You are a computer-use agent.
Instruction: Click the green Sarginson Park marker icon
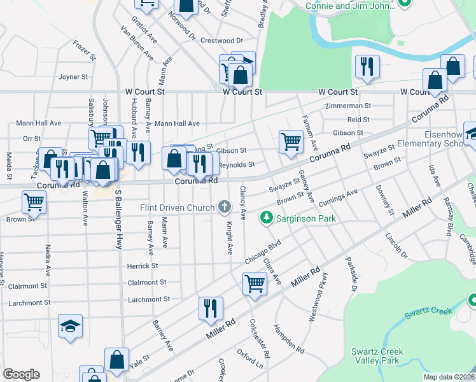pos(266,219)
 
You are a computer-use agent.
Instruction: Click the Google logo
pos(22,374)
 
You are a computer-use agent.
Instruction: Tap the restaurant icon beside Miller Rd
pos(210,309)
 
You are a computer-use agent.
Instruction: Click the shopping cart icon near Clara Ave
pos(255,283)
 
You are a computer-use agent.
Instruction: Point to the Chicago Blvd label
pos(263,253)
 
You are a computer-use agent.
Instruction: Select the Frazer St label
pos(84,50)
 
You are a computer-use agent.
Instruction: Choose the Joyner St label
pos(73,77)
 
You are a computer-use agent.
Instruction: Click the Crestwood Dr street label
pos(222,40)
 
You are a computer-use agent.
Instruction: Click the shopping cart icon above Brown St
pos(33,202)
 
